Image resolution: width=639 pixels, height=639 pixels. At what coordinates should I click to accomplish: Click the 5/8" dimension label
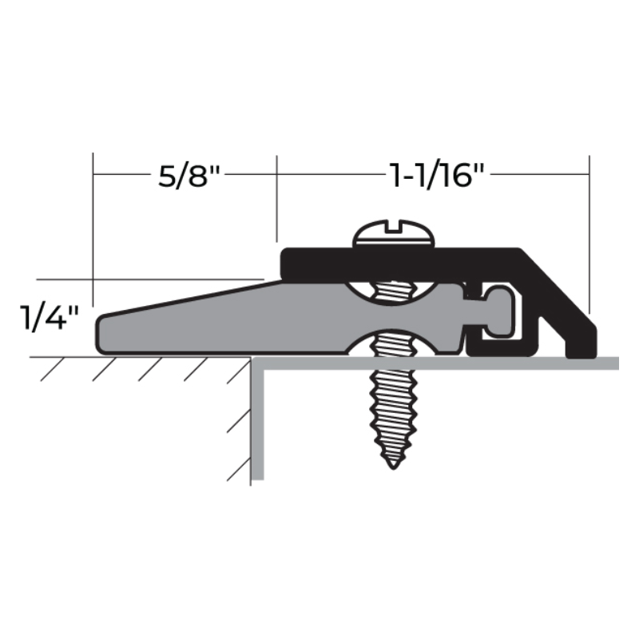189,176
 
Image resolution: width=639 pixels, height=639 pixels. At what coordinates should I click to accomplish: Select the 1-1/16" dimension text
437,175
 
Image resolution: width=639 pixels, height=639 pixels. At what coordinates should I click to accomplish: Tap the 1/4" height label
49,317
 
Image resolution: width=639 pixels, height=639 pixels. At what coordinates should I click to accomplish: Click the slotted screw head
394,233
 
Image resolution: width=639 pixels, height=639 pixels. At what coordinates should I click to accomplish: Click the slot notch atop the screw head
394,226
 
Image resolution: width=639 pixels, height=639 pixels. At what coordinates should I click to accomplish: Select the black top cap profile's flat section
399,263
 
